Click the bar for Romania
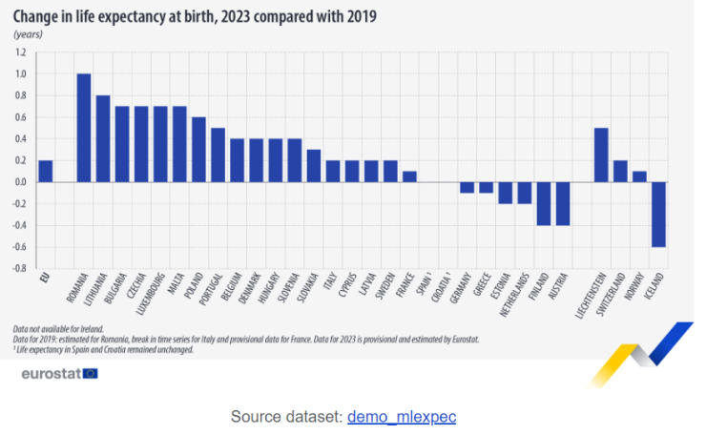(x=84, y=128)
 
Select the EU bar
(x=45, y=171)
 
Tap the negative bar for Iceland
(x=659, y=214)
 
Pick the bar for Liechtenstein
(x=601, y=155)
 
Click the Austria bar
(x=563, y=203)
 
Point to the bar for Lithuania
(x=103, y=138)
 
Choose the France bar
(x=409, y=176)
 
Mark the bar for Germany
(x=467, y=187)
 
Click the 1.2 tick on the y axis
(x=19, y=52)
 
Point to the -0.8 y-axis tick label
(x=18, y=268)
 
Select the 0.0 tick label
(x=19, y=181)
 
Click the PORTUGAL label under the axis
(x=214, y=293)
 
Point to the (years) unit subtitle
(x=29, y=34)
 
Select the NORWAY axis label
(x=638, y=289)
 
